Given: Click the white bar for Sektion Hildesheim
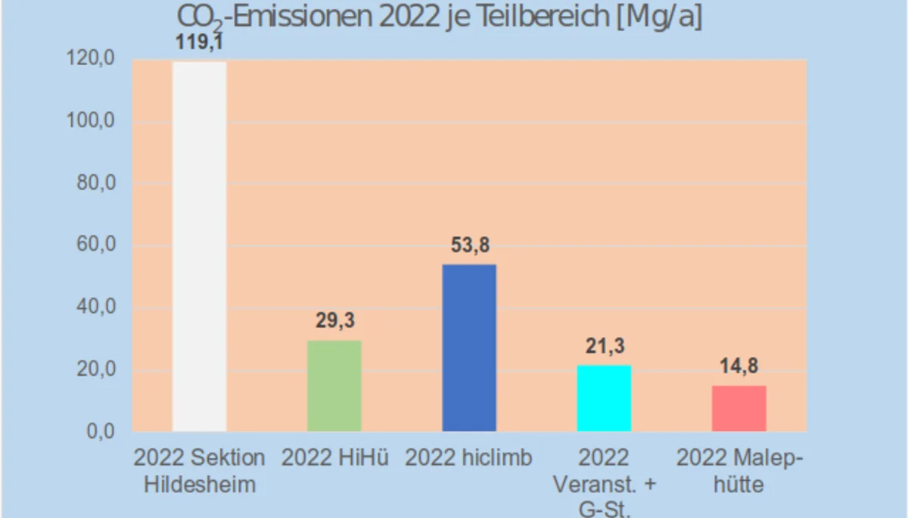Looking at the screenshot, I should [199, 246].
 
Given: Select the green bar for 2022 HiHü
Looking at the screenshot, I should [334, 386].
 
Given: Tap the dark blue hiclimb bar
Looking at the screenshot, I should [469, 348].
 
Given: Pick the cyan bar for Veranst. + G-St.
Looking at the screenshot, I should [604, 398].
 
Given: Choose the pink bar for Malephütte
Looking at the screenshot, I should [739, 408].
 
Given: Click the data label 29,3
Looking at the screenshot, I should [334, 321].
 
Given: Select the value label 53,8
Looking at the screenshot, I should [469, 245].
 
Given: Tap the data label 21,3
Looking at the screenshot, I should [604, 346].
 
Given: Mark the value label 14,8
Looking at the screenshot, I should [739, 366].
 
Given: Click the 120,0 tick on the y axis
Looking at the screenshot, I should [89, 59].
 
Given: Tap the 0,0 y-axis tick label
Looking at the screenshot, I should [98, 432].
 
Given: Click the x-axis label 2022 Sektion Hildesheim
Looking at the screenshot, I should [199, 470].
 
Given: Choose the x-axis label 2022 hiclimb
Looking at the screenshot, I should [469, 457].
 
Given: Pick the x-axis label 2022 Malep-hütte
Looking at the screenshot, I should [739, 470].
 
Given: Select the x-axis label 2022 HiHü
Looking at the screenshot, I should [334, 457].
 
